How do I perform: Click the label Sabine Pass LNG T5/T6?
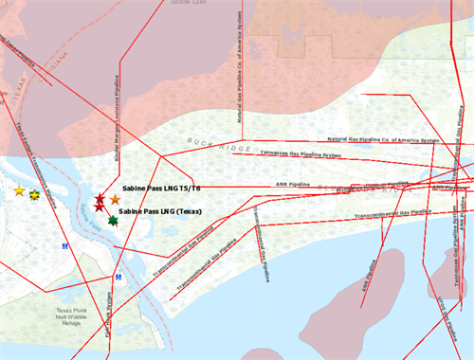pos(161,189)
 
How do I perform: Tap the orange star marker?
pos(115,200)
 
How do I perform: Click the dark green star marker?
pos(113,221)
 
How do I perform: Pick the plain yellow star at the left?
pos(19,191)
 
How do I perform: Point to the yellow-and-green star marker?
pos(35,195)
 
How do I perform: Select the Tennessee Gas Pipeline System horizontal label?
pos(301,153)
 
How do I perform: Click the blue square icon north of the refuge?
pos(118,277)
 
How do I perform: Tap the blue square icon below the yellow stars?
pos(65,245)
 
